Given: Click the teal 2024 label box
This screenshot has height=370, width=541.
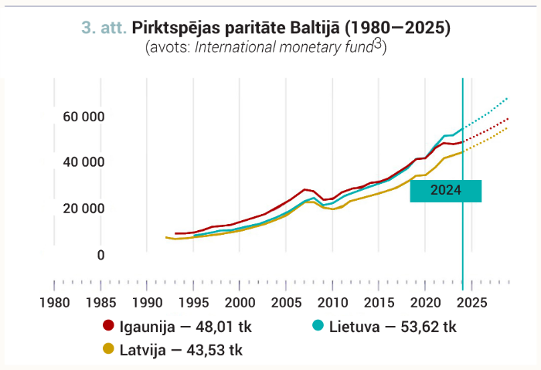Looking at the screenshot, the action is [x=445, y=191].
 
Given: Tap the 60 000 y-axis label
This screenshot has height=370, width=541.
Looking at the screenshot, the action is [x=83, y=117].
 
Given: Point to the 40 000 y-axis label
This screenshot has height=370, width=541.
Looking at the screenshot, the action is [x=83, y=162].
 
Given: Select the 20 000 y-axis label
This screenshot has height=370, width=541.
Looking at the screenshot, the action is [x=83, y=209].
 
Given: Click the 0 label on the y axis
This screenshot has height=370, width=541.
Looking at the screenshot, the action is [x=100, y=255].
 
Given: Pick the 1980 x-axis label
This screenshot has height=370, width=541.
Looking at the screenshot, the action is [x=55, y=303].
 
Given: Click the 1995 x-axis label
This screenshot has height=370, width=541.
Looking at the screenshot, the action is [x=193, y=303].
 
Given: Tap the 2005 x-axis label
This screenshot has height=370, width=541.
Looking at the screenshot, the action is [x=287, y=303].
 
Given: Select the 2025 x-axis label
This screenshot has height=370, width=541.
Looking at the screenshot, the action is [x=471, y=303].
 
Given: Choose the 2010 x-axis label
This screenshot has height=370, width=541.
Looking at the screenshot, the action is [x=332, y=303].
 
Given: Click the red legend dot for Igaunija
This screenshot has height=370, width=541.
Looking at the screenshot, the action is [x=108, y=325].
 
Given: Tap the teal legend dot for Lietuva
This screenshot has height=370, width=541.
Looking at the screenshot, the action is [x=318, y=325].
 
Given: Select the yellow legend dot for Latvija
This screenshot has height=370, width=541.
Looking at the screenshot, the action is [x=108, y=348].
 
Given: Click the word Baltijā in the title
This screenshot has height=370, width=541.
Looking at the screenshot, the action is [x=315, y=28].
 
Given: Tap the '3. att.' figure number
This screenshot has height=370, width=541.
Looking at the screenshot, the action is [x=104, y=28].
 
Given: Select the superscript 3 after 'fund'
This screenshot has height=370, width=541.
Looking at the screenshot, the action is [x=378, y=44].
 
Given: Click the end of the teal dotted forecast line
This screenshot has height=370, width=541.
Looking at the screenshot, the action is [x=507, y=99].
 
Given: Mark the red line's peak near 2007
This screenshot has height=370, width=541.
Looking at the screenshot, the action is [x=305, y=189].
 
